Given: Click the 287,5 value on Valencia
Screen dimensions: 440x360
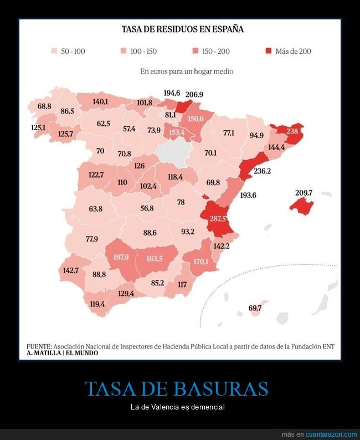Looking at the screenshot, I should [x=218, y=218].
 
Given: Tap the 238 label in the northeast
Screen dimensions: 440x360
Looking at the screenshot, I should [x=292, y=131].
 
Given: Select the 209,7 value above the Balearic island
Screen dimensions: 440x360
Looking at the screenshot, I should [x=304, y=193].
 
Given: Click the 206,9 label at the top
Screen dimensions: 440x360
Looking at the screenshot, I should [x=194, y=95].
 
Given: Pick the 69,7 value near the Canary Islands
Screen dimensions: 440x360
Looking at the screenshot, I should [x=255, y=308].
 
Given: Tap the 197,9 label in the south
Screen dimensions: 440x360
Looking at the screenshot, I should [x=121, y=257].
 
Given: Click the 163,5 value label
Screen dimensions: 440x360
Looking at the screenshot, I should [x=155, y=258].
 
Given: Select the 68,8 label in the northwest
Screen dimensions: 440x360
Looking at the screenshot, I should [x=44, y=106].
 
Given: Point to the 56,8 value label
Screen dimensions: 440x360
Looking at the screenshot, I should [x=147, y=208].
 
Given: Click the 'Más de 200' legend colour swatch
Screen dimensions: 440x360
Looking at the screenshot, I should [x=268, y=51].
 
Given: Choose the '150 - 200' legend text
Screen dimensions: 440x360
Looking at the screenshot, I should [x=216, y=51].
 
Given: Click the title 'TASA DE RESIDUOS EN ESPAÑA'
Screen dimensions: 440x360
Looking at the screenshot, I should [x=183, y=29].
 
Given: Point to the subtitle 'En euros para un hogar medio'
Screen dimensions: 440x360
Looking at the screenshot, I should [x=187, y=71].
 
